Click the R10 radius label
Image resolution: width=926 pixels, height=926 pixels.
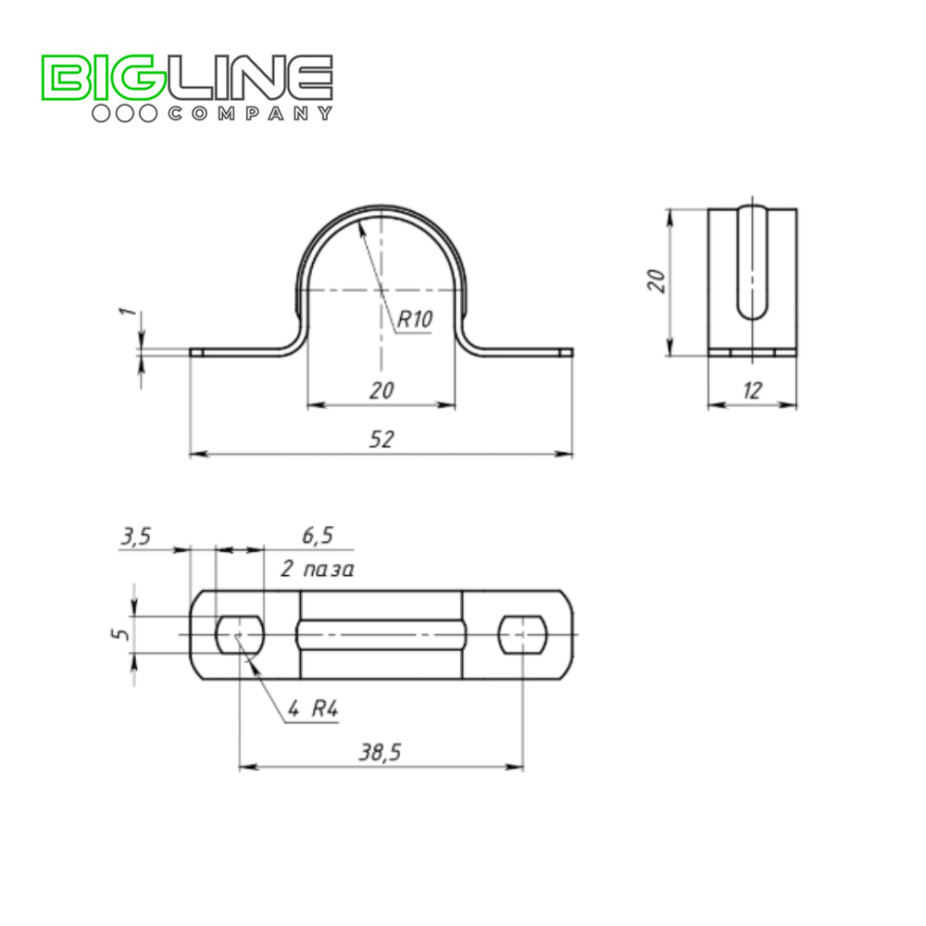tap(415, 319)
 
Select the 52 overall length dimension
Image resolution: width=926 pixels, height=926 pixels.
tap(381, 439)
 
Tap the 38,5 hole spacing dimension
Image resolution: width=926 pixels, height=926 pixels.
tap(381, 752)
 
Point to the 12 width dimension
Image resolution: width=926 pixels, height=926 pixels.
tap(752, 391)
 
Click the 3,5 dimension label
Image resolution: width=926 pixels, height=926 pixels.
tap(136, 536)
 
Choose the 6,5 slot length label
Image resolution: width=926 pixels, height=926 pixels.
tap(318, 535)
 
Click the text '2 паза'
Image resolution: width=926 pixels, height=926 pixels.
tap(317, 569)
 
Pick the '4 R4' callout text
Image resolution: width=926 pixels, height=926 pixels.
tap(313, 708)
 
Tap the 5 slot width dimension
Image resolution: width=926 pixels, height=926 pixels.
tap(119, 634)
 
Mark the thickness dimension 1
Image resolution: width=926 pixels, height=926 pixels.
tap(130, 310)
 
